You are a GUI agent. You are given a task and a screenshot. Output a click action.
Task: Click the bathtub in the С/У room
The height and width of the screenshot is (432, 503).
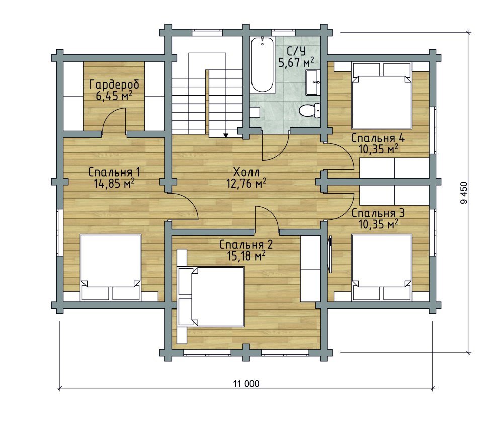(x=263, y=65)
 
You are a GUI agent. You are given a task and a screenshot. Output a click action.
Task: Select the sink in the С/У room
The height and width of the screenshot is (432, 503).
(x=313, y=82)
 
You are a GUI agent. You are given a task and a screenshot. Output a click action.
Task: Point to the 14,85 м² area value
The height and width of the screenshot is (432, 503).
(x=114, y=183)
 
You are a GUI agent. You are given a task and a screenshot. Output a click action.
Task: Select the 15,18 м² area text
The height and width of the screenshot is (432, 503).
(x=246, y=255)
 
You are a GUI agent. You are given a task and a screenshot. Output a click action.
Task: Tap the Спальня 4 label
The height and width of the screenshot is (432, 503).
(x=378, y=138)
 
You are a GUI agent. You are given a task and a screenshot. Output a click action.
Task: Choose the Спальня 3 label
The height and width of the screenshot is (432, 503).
(x=378, y=213)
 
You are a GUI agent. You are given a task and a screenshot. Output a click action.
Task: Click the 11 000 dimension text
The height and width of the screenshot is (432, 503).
(x=246, y=383)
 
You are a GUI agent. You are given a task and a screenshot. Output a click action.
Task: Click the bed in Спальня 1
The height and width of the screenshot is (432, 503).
(x=110, y=268)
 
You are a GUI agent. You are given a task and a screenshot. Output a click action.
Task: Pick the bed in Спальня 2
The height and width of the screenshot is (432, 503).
(x=211, y=297)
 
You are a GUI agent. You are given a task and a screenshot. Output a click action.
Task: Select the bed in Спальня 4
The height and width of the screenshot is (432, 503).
(x=382, y=96)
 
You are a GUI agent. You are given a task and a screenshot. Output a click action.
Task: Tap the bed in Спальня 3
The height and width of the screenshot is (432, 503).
(x=382, y=268)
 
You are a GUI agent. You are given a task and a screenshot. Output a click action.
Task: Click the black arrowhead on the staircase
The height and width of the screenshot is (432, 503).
(x=225, y=135)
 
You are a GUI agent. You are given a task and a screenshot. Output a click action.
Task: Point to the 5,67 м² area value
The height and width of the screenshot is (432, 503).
(x=296, y=62)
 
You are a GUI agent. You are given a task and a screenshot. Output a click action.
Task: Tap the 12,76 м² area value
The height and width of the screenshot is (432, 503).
(x=246, y=183)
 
